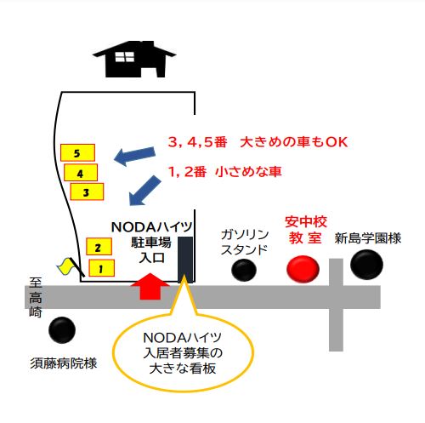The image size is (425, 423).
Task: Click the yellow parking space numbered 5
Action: click(77, 152)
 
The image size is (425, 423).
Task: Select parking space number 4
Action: click(81, 173)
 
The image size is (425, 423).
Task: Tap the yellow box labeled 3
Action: click(87, 191)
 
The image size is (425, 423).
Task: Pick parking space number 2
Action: click(99, 247)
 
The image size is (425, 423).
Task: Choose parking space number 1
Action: click(102, 268)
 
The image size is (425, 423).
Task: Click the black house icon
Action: click(134, 59)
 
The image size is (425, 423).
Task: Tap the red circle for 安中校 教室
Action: click(303, 269)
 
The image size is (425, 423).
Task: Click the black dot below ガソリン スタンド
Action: click(244, 271)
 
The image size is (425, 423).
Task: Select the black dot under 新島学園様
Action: click(366, 265)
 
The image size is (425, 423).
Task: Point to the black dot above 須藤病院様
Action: click(62, 330)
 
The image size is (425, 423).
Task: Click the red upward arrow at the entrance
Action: click(150, 287)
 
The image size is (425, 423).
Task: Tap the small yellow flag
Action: click(67, 266)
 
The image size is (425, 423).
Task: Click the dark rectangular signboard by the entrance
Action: click(185, 260)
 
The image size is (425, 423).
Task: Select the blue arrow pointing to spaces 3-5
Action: click(134, 157)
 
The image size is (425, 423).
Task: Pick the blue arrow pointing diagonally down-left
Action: click(144, 191)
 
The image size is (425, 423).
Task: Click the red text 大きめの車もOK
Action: click(294, 142)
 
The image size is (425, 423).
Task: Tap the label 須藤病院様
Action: click(64, 363)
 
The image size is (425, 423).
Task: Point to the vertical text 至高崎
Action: click(36, 297)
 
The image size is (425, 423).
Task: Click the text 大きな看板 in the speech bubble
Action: click(183, 369)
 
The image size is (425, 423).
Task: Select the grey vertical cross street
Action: click(336, 305)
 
